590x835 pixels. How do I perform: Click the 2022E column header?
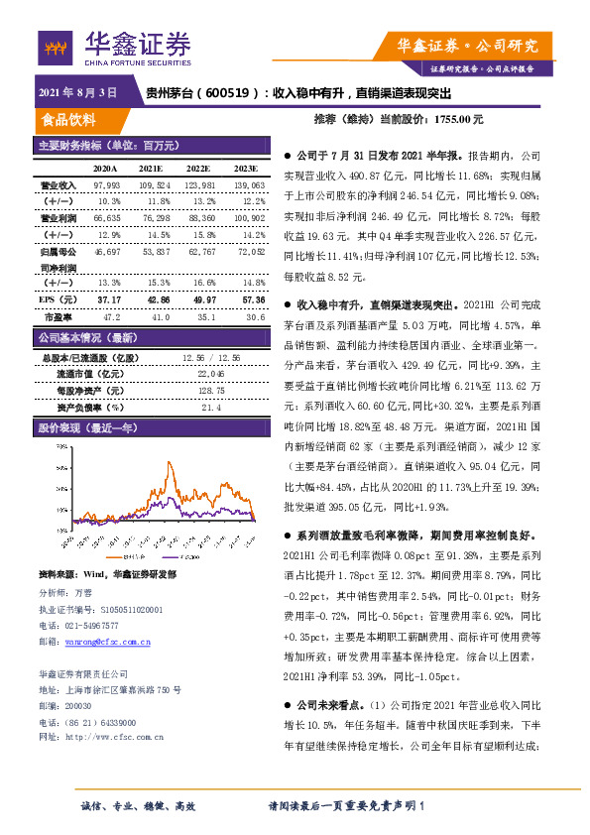(x=199, y=168)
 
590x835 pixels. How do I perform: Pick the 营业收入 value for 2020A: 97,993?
(x=106, y=185)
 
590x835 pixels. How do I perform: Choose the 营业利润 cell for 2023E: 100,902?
(x=248, y=217)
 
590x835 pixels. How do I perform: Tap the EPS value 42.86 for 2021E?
(x=155, y=298)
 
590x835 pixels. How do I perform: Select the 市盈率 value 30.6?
(x=254, y=316)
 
